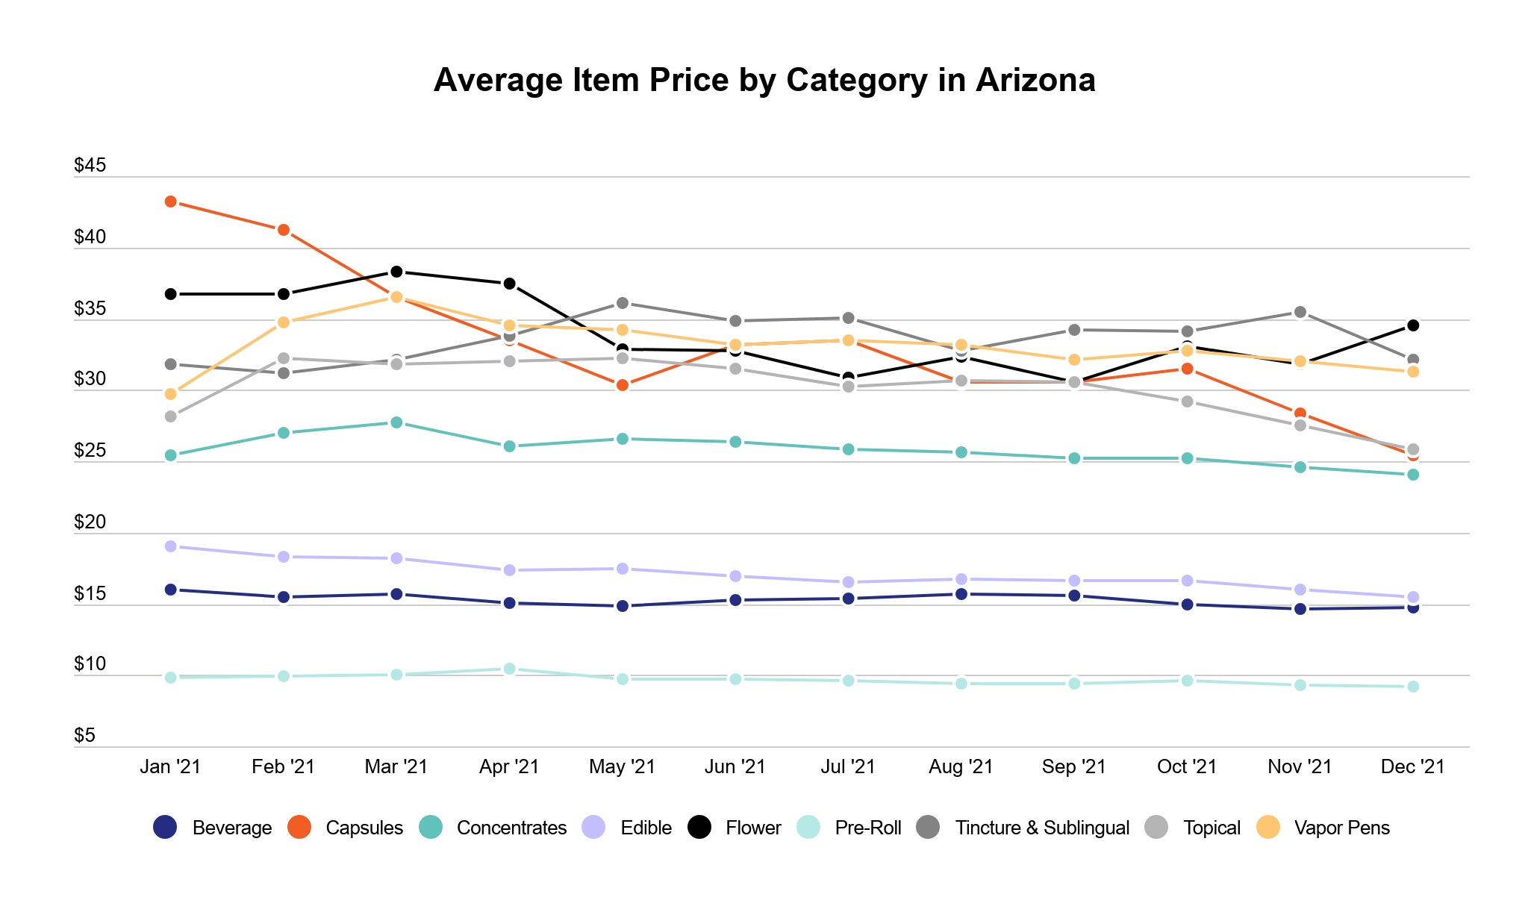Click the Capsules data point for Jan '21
171,202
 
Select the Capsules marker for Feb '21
284,230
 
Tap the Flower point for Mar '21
397,272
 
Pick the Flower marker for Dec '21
1413,325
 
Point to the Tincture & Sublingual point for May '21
623,303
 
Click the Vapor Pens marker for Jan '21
171,394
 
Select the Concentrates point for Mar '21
397,422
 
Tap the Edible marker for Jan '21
171,546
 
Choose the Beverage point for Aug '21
961,594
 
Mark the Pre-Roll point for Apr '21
510,669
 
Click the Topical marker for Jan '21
171,416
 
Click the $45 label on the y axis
90,166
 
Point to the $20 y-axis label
90,522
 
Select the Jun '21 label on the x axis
735,766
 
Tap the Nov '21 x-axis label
1300,766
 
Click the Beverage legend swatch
165,827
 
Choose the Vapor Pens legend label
1342,828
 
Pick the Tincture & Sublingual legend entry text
1042,828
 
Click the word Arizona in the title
1035,80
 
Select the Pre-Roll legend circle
808,827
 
